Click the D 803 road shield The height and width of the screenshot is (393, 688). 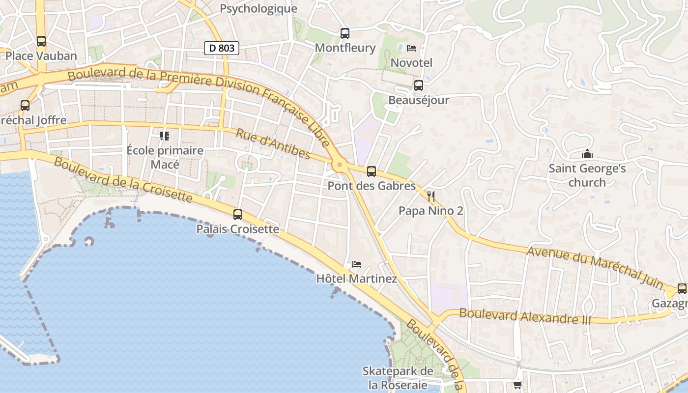point(222,48)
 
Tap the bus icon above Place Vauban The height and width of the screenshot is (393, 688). point(41,41)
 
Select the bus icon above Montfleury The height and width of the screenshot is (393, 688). point(345,33)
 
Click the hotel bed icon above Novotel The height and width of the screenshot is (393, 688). point(412,48)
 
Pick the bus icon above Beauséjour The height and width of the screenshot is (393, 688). point(419,85)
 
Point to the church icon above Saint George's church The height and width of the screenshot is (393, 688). point(587,154)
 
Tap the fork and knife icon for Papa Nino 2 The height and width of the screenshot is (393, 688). point(431,197)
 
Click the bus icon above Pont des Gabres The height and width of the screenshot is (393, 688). point(372,171)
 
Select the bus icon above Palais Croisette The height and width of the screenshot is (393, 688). point(238,215)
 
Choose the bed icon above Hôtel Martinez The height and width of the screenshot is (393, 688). point(357,264)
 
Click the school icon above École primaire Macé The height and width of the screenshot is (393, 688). point(165,136)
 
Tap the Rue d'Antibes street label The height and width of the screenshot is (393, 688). point(273,144)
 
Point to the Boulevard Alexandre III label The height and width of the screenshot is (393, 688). point(525,316)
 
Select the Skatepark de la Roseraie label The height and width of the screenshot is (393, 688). point(398,378)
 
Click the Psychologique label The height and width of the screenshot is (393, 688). point(258,9)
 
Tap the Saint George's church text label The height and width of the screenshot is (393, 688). point(587,175)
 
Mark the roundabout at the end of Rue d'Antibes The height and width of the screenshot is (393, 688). point(339,166)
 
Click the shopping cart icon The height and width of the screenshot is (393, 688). point(517,385)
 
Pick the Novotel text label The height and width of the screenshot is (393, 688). point(411,63)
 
